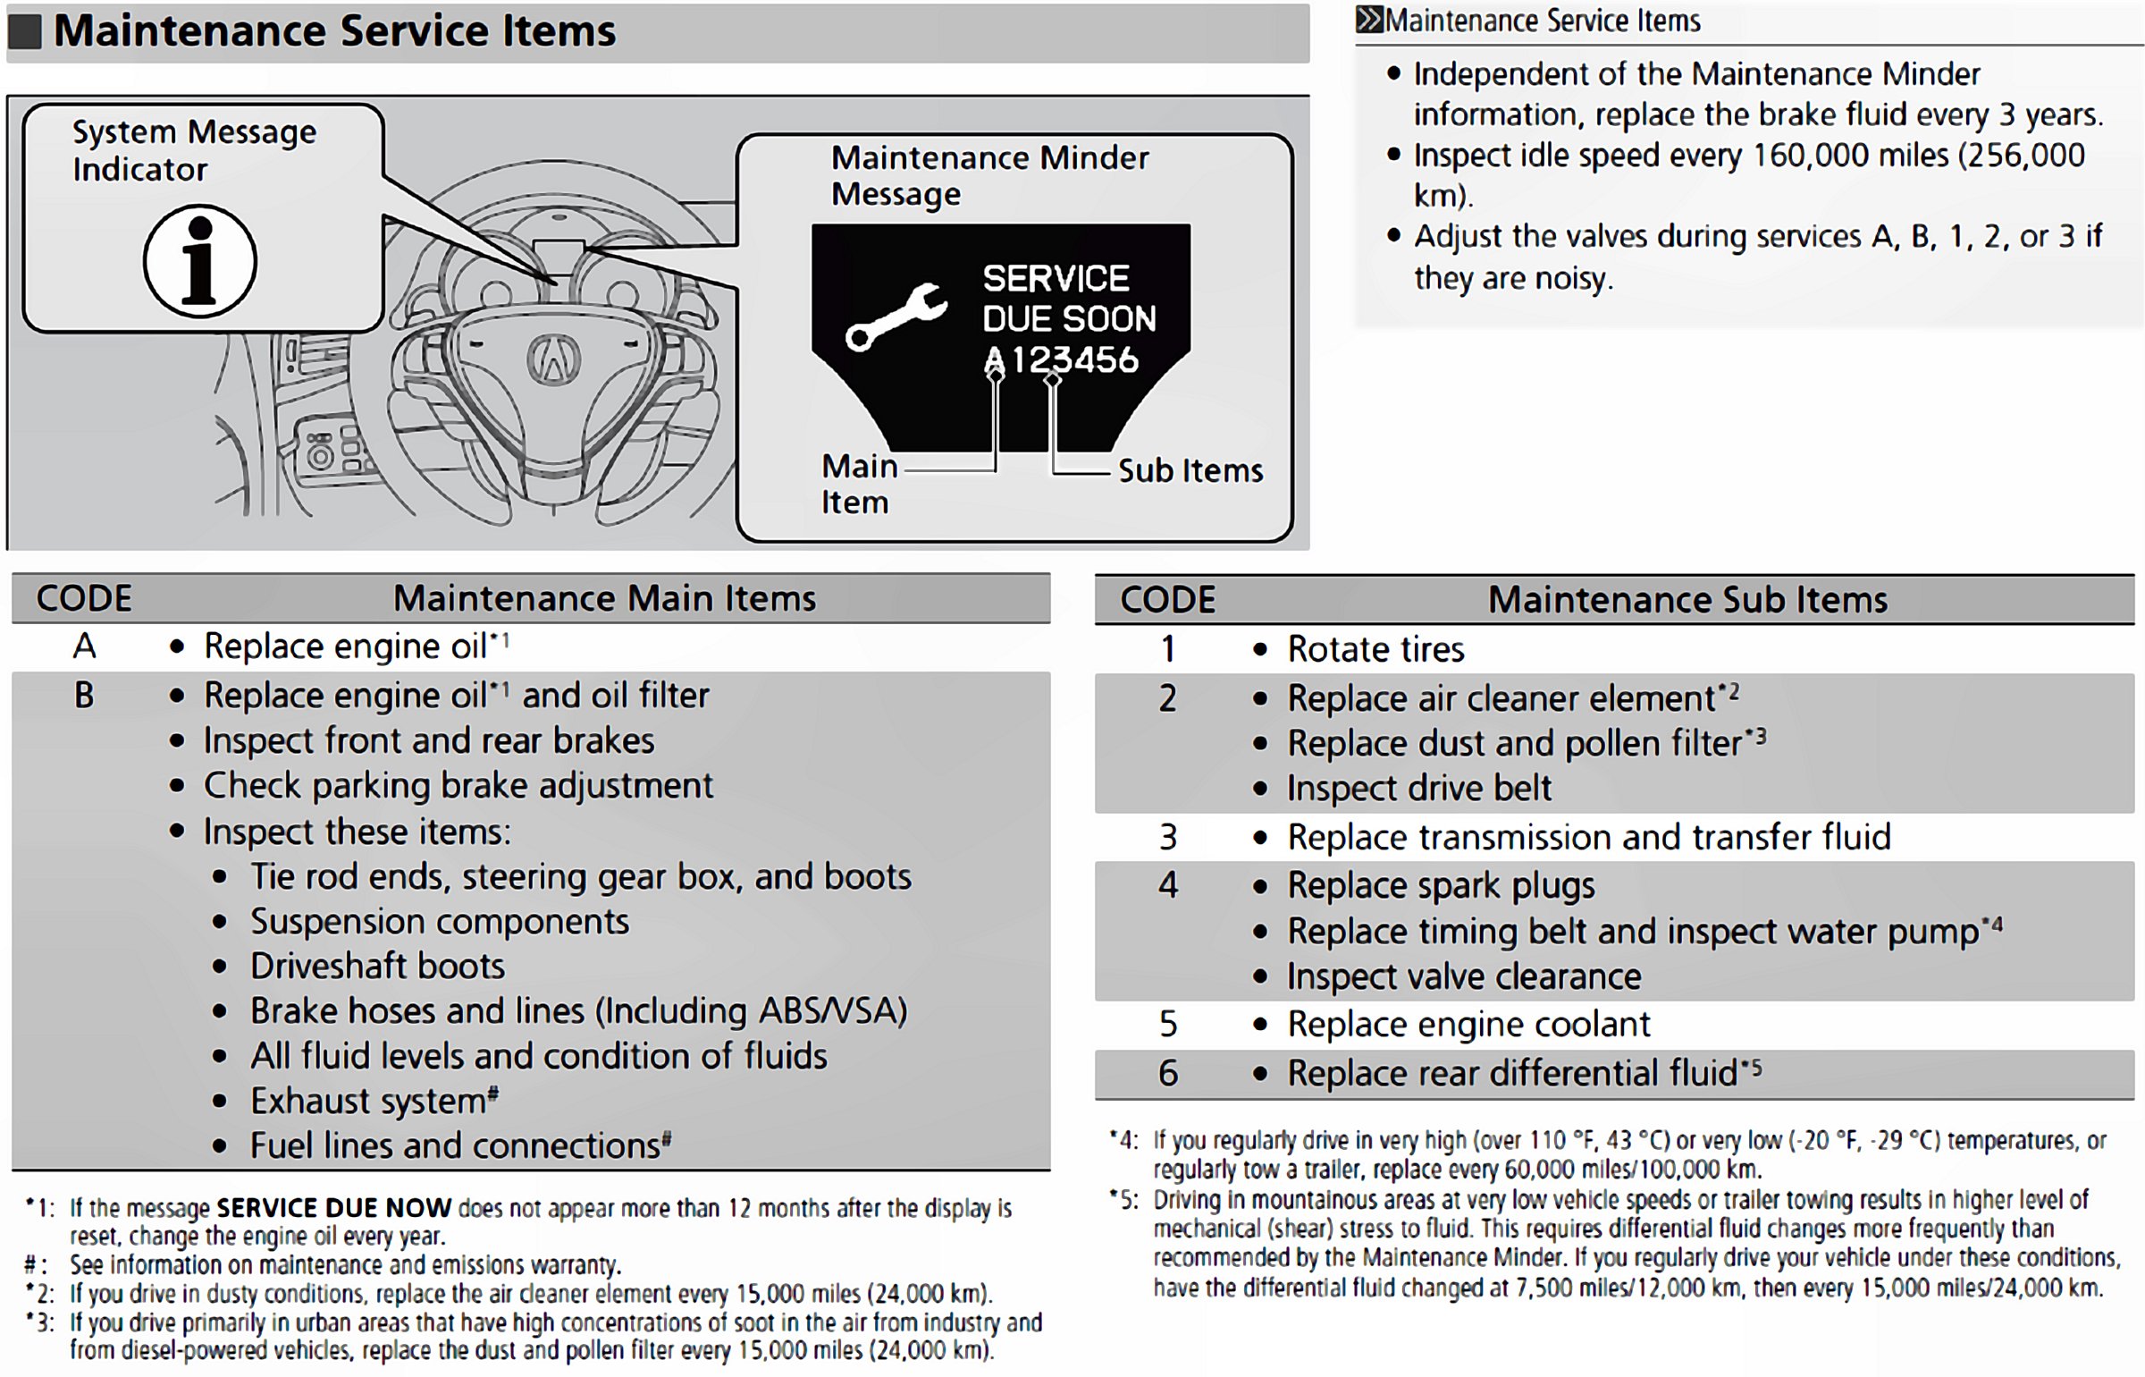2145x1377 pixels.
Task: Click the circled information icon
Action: pyautogui.click(x=200, y=261)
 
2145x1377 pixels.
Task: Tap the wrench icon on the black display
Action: pyautogui.click(x=896, y=317)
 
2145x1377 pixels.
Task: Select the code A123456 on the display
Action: pyautogui.click(x=1061, y=360)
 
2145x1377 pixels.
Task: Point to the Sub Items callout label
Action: pyautogui.click(x=1190, y=471)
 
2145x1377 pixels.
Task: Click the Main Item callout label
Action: pyautogui.click(x=856, y=484)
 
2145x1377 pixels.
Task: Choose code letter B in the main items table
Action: pyautogui.click(x=84, y=696)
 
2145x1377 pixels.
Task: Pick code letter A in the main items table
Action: pyautogui.click(x=84, y=646)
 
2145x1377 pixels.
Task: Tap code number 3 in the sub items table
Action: pyautogui.click(x=1167, y=838)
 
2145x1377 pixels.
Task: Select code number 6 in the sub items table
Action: pyautogui.click(x=1167, y=1073)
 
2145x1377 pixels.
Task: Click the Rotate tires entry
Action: pyautogui.click(x=1375, y=649)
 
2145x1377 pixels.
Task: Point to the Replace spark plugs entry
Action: pyautogui.click(x=1441, y=886)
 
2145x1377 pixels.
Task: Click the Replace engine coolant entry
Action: pyautogui.click(x=1468, y=1025)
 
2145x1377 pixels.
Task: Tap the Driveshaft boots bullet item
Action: pyautogui.click(x=377, y=967)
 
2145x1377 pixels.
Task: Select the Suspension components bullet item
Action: pyautogui.click(x=440, y=922)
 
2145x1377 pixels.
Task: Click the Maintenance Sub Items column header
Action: pyautogui.click(x=1687, y=600)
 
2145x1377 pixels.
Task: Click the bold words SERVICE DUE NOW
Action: pyautogui.click(x=334, y=1208)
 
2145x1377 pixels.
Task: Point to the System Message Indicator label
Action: pyautogui.click(x=194, y=150)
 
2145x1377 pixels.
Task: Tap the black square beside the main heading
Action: pyautogui.click(x=25, y=31)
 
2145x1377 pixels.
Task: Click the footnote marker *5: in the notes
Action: pyautogui.click(x=1123, y=1200)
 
